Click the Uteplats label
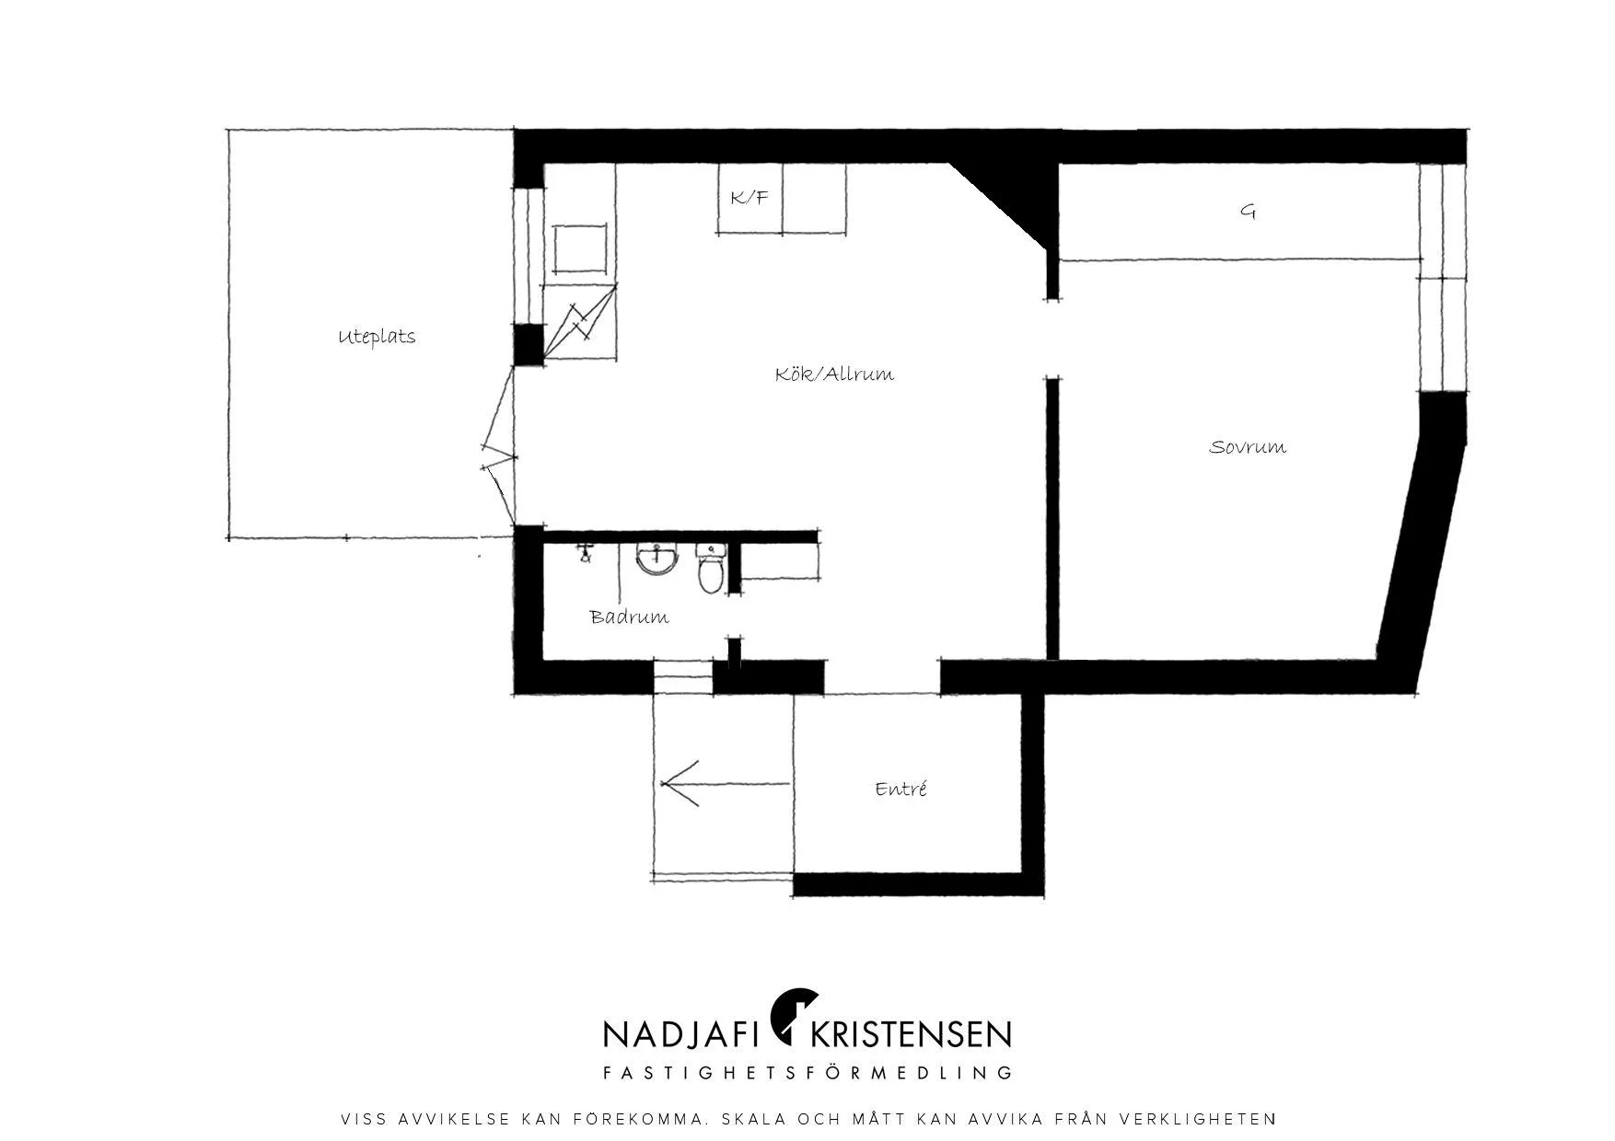377,337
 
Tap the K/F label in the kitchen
749,197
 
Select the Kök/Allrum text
834,375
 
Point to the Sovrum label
1248,447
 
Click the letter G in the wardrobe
1248,212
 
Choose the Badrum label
630,617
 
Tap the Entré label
900,789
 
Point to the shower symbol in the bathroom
586,553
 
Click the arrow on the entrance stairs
726,784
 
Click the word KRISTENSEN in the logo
910,1034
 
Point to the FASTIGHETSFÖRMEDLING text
807,1073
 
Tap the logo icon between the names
793,1017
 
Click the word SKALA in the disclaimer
754,1120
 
